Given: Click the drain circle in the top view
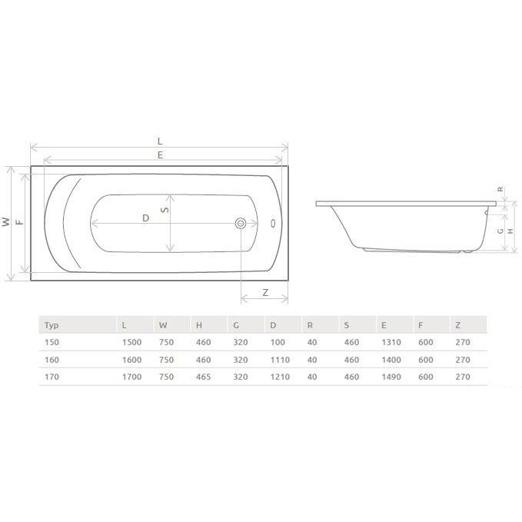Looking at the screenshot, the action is [241, 223].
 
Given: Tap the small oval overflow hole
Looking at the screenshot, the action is [274, 223].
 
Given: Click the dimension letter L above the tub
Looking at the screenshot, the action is [160, 141].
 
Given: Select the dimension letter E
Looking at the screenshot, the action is [160, 155].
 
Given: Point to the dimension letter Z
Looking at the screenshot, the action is [265, 293].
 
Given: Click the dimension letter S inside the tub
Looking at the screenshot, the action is [165, 210].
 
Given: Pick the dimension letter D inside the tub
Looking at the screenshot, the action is [145, 218].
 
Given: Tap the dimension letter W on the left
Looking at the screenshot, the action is [6, 222].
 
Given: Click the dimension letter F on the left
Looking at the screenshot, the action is [20, 222].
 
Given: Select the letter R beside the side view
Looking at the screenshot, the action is [500, 189].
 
